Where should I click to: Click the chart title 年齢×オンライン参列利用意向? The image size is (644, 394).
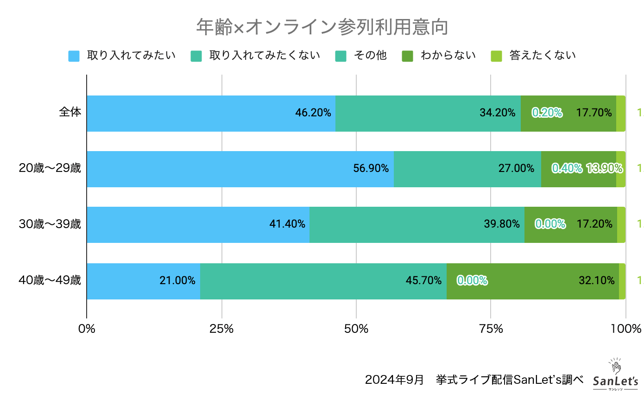coord(322,27)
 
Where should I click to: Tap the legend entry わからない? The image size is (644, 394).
coord(448,56)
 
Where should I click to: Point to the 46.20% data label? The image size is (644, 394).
coord(313,113)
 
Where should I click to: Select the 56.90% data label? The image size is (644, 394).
coord(371,169)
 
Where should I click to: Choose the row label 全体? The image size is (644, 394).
coord(70,112)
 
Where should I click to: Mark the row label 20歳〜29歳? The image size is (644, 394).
coord(50,168)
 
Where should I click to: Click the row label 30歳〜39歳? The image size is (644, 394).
coord(50,224)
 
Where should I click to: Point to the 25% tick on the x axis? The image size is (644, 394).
coord(221,329)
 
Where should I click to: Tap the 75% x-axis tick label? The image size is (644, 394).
coord(491,329)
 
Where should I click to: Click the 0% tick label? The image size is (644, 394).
coord(87,329)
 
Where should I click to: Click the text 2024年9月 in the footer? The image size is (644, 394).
coord(394,380)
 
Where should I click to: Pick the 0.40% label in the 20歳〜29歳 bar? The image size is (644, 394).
coord(567,169)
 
